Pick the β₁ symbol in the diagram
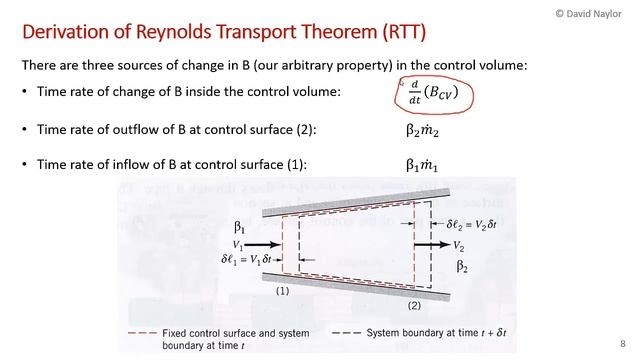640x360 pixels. coord(239,227)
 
